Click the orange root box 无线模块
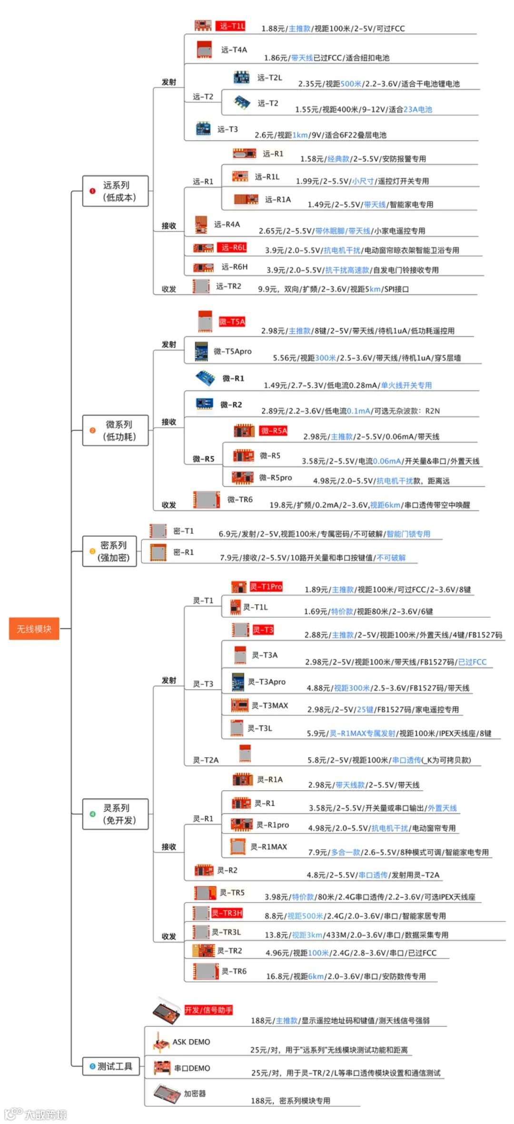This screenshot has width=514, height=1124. tap(34, 628)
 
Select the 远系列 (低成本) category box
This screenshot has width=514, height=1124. tap(115, 191)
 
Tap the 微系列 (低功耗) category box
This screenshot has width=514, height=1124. tap(115, 430)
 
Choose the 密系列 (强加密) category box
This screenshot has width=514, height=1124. tap(110, 551)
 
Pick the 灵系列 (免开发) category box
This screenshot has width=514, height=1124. tap(115, 814)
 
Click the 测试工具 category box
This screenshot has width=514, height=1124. tap(111, 1066)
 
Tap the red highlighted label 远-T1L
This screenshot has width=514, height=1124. tap(231, 26)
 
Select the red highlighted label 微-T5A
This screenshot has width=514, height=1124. tap(232, 322)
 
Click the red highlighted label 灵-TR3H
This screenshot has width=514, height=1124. tap(227, 913)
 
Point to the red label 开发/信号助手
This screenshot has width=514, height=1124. tap(208, 1010)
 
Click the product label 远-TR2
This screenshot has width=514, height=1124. tap(228, 286)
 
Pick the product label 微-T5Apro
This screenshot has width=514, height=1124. tap(232, 351)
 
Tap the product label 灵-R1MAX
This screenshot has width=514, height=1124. tap(268, 847)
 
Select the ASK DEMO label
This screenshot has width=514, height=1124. tap(191, 1042)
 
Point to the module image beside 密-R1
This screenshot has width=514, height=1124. tap(158, 552)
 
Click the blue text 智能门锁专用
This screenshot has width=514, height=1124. tap(408, 534)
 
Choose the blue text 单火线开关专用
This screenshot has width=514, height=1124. tap(406, 385)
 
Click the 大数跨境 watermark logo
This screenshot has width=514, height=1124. tap(36, 1114)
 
